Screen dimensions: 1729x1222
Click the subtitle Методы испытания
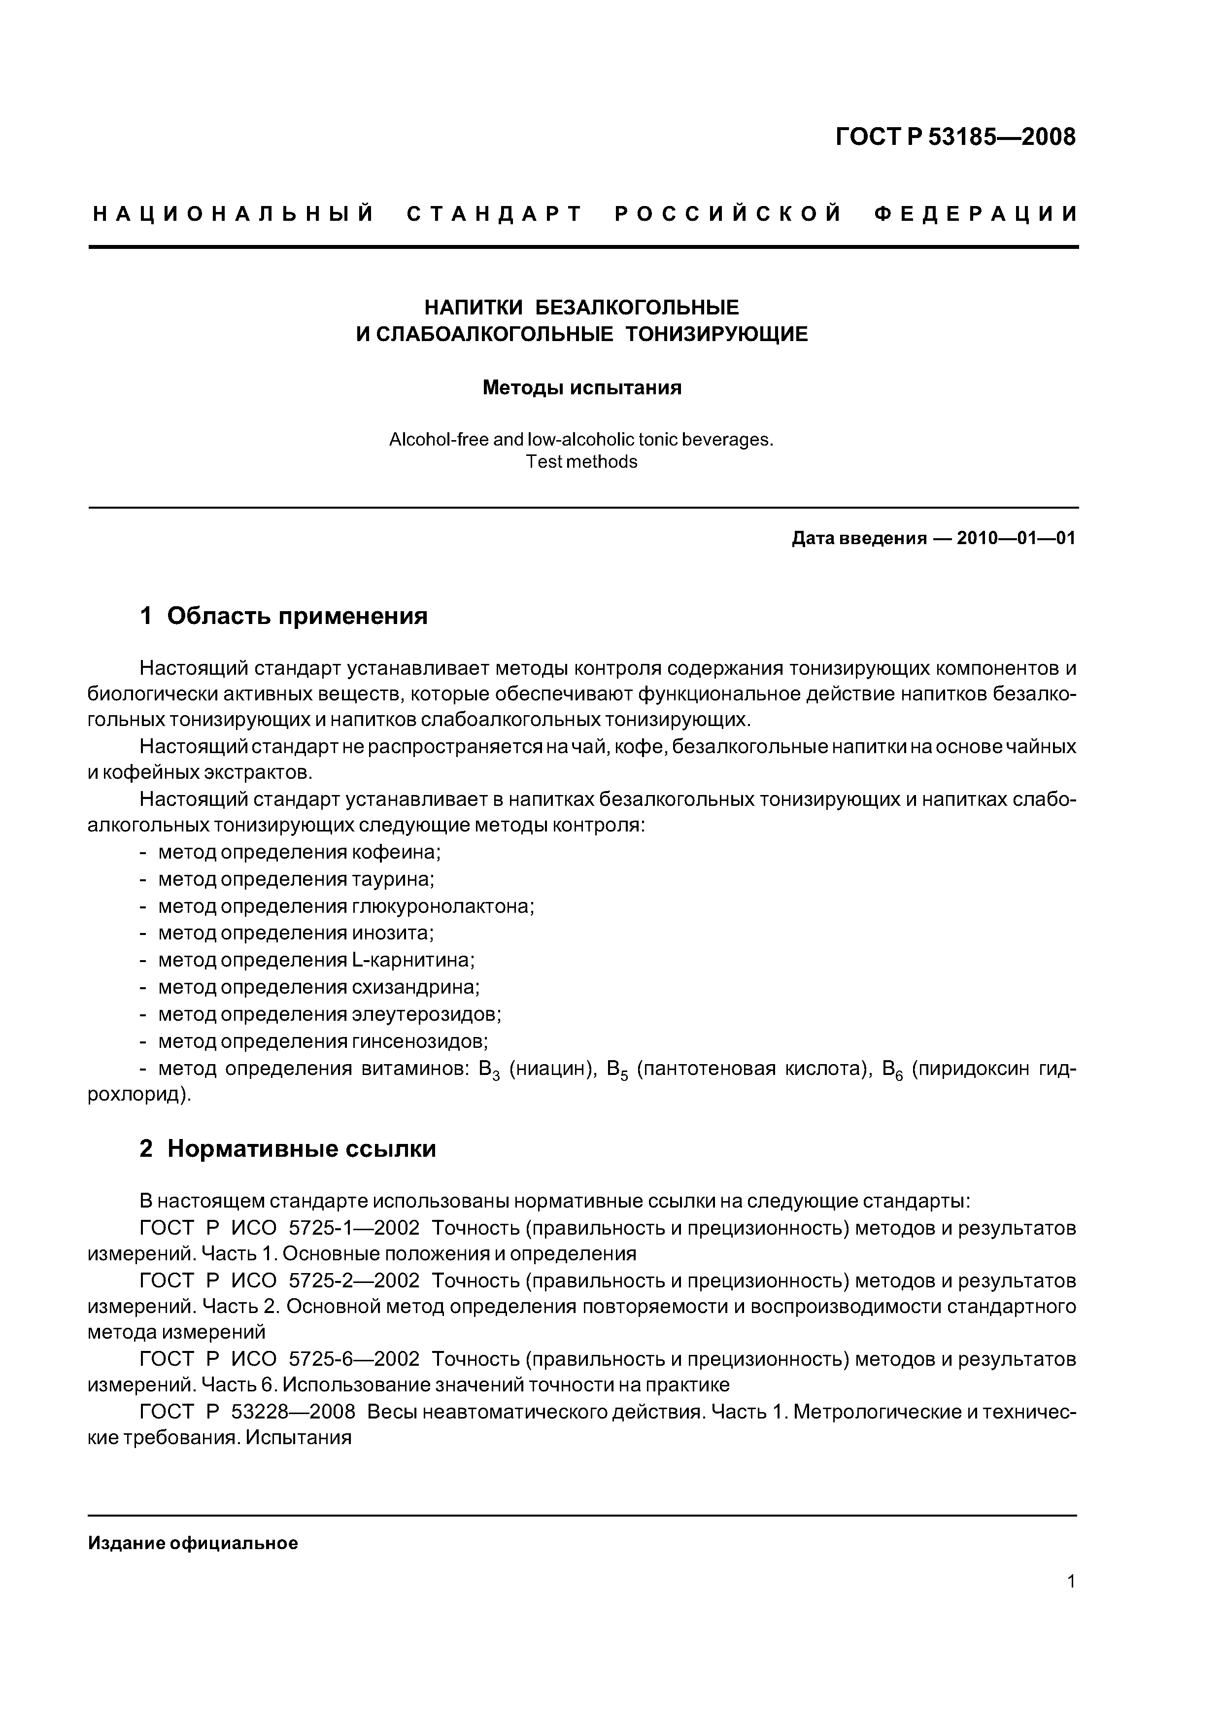(x=581, y=388)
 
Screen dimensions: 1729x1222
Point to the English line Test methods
(x=581, y=462)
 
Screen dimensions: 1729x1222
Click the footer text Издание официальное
(x=193, y=1544)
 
